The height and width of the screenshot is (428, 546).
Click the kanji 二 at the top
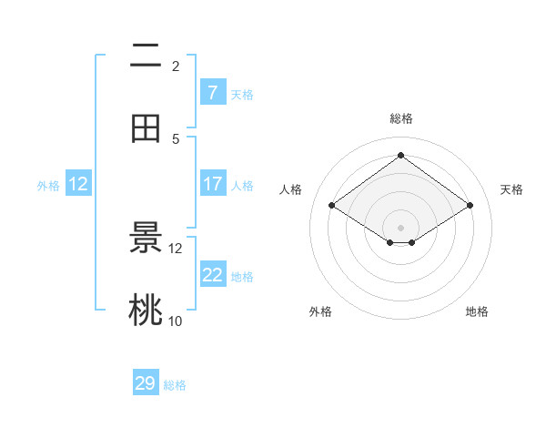[x=146, y=56]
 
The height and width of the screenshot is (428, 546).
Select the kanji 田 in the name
[x=146, y=128]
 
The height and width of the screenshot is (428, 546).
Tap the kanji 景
[x=146, y=239]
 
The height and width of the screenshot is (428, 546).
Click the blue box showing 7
[x=212, y=92]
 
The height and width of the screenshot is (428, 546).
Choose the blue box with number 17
[x=212, y=184]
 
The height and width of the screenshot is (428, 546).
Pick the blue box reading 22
[x=212, y=275]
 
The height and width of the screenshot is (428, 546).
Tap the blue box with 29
[x=146, y=383]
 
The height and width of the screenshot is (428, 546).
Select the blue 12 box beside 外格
[x=78, y=184]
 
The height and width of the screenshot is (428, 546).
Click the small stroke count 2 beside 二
[x=176, y=66]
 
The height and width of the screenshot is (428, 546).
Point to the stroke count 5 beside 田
[x=176, y=138]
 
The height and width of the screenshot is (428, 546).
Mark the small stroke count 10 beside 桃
[x=176, y=321]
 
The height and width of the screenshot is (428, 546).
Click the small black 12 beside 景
[x=176, y=248]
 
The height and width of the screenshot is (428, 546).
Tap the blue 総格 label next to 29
[x=175, y=385]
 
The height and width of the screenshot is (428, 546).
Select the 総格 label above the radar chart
[x=400, y=118]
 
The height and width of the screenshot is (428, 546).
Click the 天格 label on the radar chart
[x=511, y=189]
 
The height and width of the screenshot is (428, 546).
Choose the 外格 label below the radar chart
[x=320, y=311]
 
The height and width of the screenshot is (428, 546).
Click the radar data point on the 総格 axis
[x=400, y=155]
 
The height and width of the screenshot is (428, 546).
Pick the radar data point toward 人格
[x=332, y=206]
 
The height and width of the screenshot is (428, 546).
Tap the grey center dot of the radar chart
[x=400, y=227]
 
